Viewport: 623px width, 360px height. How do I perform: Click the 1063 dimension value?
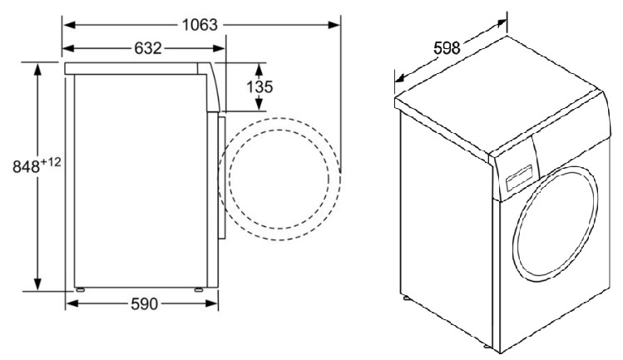(200, 25)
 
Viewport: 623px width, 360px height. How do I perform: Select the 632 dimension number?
(148, 48)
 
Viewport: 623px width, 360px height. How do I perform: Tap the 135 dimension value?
(260, 86)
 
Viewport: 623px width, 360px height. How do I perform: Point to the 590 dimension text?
(144, 304)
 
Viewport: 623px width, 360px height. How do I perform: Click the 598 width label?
(447, 48)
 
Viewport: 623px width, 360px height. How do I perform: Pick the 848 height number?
(27, 167)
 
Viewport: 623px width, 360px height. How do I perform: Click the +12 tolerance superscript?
(51, 162)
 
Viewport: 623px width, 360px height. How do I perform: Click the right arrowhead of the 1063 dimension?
(334, 25)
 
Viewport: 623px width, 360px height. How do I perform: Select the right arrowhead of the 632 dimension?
(219, 48)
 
